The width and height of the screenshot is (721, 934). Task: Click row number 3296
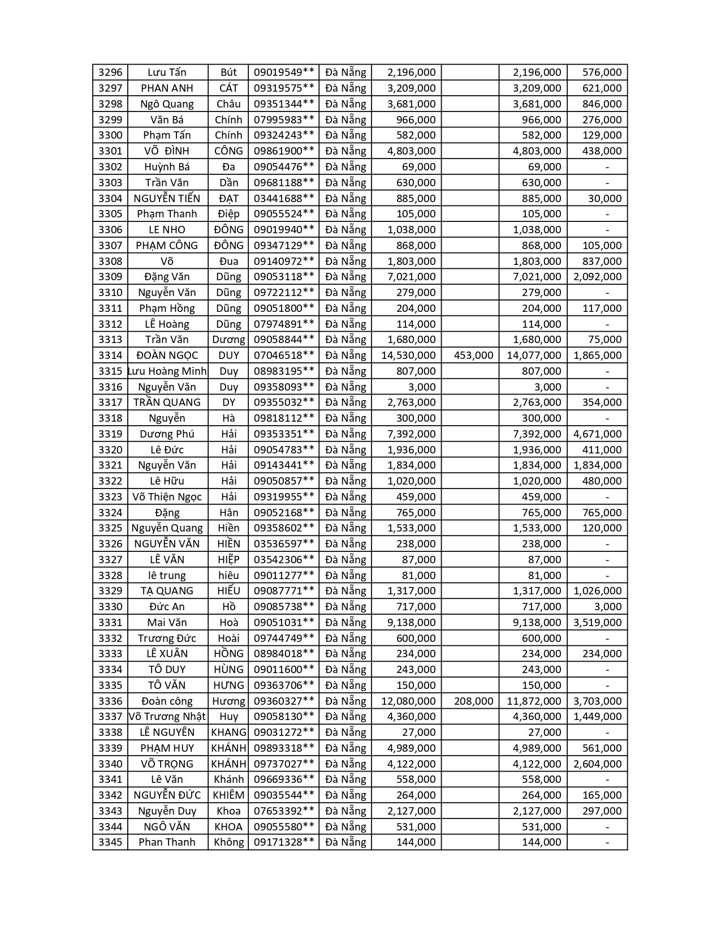tap(110, 72)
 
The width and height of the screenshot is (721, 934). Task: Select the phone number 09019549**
tap(283, 72)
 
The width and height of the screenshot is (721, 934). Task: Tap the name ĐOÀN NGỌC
tap(167, 355)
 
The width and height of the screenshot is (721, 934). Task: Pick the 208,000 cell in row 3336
tap(473, 701)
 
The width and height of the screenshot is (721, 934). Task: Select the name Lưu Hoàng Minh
tap(167, 371)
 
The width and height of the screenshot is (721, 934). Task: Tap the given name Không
tap(228, 842)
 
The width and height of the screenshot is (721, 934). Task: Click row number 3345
tap(110, 842)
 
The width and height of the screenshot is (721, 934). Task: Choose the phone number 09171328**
tap(283, 842)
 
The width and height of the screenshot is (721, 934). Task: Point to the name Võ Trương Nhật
tap(167, 717)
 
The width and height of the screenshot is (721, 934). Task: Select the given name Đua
tap(228, 261)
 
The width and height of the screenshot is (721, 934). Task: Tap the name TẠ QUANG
tap(167, 591)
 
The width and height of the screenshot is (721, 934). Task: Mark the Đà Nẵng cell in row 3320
tap(346, 450)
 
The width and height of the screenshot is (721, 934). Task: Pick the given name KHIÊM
tap(228, 795)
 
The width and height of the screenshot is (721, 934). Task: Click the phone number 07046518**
tap(283, 355)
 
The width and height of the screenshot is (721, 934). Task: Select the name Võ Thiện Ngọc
tap(167, 497)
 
